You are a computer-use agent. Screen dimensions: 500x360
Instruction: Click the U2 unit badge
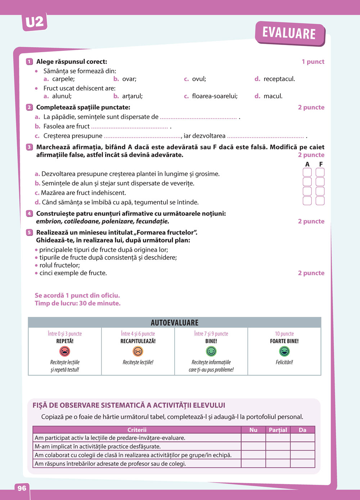click(x=35, y=22)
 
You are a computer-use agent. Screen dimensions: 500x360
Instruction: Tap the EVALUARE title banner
click(x=289, y=33)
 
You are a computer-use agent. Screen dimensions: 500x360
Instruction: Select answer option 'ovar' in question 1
click(x=129, y=79)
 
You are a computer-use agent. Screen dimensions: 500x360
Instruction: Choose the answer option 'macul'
click(x=273, y=96)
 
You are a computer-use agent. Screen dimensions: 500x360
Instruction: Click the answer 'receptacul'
click(x=279, y=79)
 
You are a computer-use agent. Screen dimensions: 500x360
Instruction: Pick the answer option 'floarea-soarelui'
click(x=215, y=96)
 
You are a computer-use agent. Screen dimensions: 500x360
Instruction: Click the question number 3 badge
click(x=30, y=147)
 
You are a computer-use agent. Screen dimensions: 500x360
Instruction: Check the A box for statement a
click(x=307, y=173)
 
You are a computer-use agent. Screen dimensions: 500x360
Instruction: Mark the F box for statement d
click(x=320, y=201)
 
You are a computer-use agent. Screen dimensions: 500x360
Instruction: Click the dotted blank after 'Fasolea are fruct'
click(x=130, y=127)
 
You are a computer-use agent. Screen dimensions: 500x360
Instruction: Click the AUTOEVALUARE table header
click(x=175, y=323)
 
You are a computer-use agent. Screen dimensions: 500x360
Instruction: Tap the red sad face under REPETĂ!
click(x=65, y=351)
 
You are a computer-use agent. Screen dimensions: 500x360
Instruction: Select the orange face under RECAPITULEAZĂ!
click(x=138, y=351)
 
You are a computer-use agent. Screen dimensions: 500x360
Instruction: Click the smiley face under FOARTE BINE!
click(x=284, y=351)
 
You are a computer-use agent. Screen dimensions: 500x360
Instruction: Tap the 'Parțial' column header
click(x=278, y=430)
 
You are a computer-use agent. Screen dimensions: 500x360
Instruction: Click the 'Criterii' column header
click(x=137, y=430)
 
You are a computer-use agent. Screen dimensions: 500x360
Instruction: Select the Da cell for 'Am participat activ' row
click(x=302, y=438)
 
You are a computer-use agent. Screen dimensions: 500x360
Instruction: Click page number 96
click(x=22, y=488)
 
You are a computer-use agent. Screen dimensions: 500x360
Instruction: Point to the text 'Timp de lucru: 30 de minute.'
click(x=78, y=304)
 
